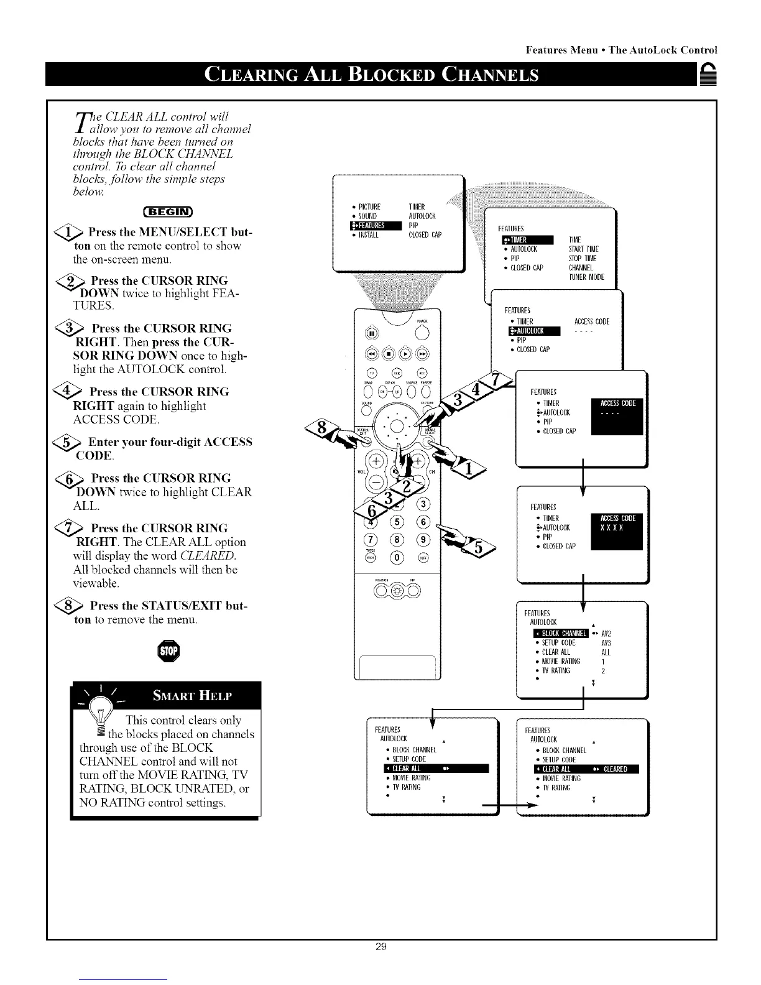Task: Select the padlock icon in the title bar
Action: tap(708, 76)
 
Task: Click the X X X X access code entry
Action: tap(611, 528)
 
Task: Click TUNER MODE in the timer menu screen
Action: tap(586, 277)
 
